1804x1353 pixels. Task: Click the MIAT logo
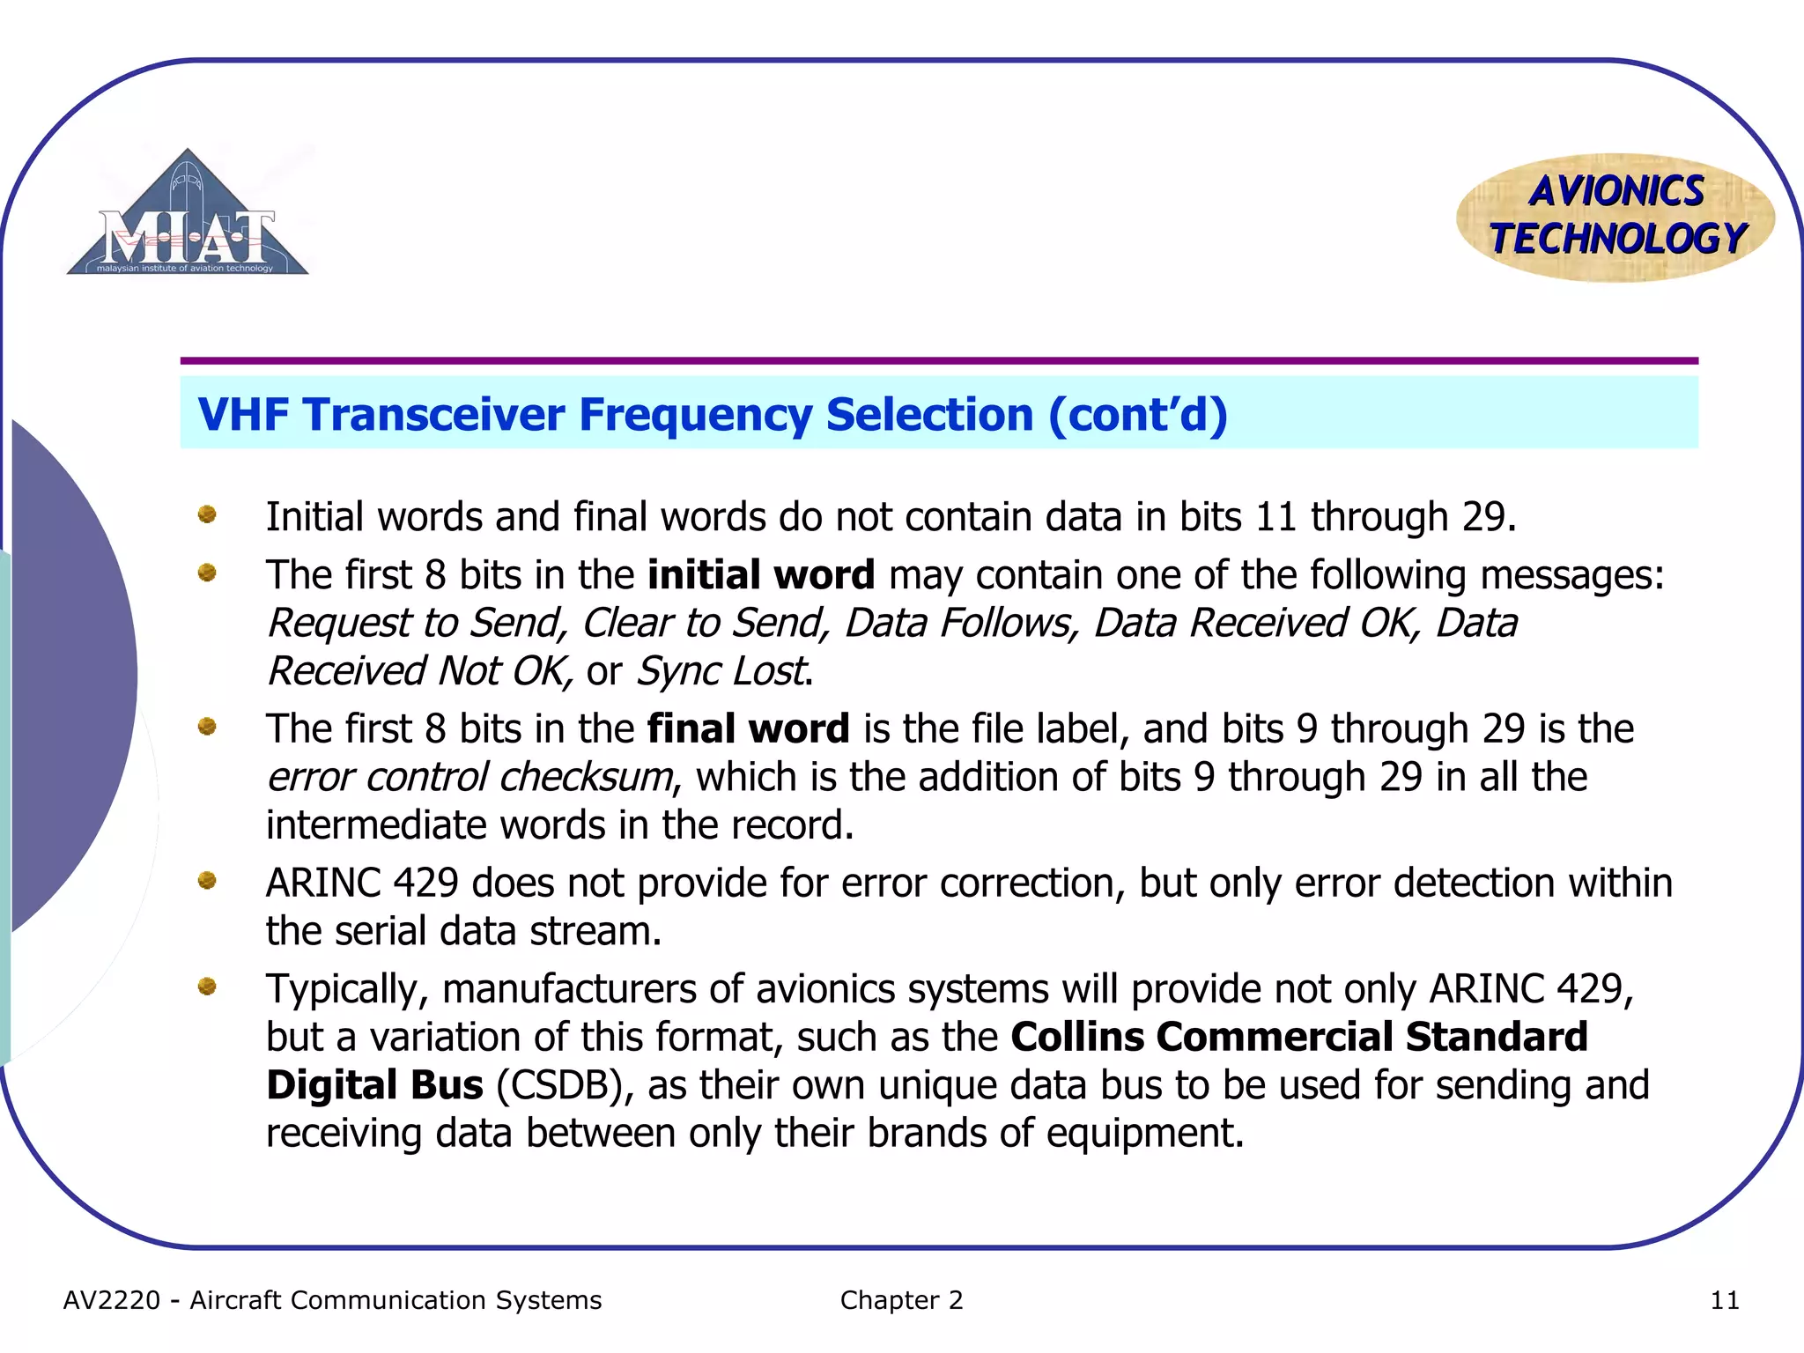coord(188,216)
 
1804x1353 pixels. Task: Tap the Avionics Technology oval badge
coord(1615,217)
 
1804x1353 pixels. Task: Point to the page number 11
coord(1724,1300)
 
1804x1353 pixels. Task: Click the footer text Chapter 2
coord(901,1300)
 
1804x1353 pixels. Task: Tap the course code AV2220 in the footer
coord(112,1300)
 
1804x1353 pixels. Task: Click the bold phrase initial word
coord(760,575)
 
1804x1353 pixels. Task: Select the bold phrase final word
coord(748,729)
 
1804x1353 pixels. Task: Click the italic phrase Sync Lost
coord(721,671)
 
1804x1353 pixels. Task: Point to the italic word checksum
coord(585,778)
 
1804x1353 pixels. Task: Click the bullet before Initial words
coord(207,514)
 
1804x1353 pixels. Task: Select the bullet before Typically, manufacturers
coord(207,987)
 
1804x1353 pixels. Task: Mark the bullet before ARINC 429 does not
coord(207,880)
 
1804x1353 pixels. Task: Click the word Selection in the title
coord(929,414)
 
